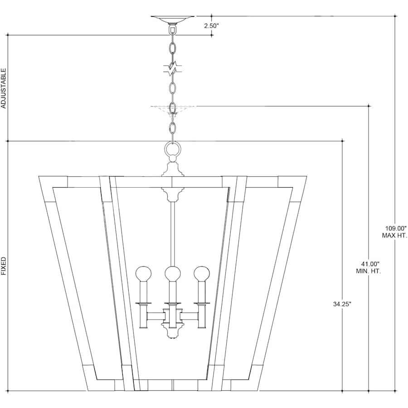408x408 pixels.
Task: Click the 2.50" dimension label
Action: tap(211, 26)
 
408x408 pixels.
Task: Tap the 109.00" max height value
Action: tap(396, 229)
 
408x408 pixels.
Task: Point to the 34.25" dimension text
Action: tap(342, 304)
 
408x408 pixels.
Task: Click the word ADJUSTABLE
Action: tap(3, 88)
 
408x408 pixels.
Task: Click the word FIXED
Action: tap(3, 266)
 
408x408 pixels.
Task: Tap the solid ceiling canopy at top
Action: tap(173, 19)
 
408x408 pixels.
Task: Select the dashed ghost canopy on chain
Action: tap(173, 109)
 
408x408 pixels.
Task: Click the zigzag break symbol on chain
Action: tap(172, 69)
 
